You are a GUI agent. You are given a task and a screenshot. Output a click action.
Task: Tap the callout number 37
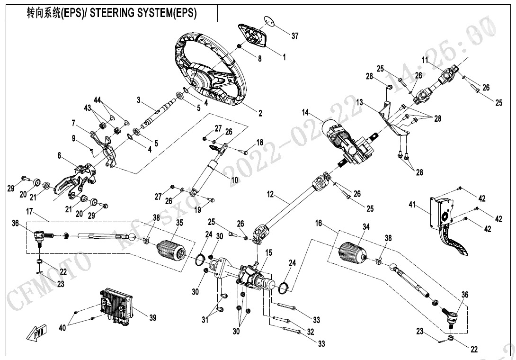295,36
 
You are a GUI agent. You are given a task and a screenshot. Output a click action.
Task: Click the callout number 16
319,222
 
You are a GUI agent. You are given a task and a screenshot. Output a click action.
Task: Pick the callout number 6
59,155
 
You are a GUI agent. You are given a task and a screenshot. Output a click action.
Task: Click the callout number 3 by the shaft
138,100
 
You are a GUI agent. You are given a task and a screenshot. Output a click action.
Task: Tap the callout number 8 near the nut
259,58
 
